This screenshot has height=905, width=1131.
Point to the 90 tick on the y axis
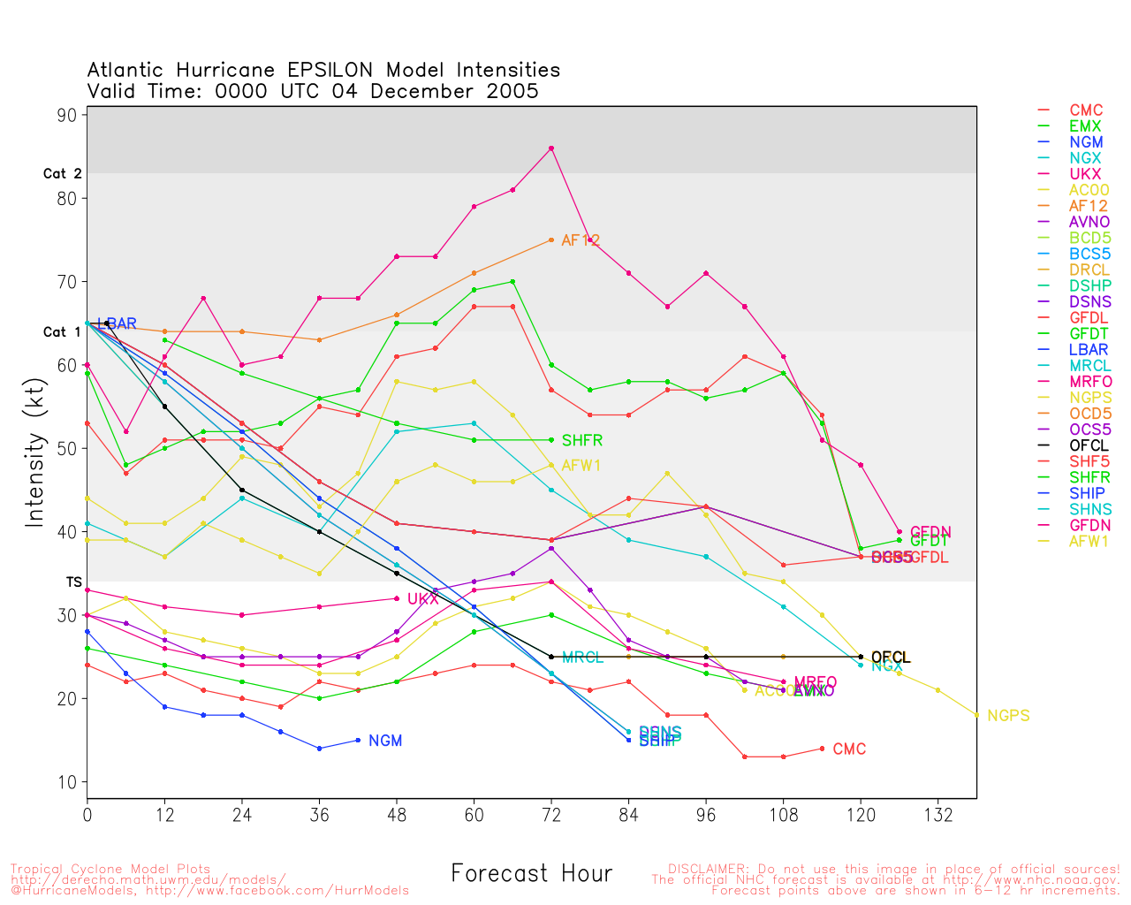tap(69, 115)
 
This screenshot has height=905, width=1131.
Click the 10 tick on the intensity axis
tap(69, 782)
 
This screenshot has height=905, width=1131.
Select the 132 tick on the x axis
tap(938, 815)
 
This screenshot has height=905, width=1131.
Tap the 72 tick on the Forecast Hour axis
tap(551, 815)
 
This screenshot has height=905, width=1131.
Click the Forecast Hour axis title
tap(531, 873)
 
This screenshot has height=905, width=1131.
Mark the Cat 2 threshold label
tap(63, 174)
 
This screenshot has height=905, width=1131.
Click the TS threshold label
tap(74, 582)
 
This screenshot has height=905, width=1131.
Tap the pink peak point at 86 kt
tap(551, 148)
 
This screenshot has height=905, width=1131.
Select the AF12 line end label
tap(581, 240)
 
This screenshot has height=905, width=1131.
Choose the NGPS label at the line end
tap(1008, 716)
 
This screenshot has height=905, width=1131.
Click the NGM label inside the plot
tap(385, 741)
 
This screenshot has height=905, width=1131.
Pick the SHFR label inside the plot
tap(581, 440)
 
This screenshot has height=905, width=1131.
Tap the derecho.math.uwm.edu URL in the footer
tap(148, 879)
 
